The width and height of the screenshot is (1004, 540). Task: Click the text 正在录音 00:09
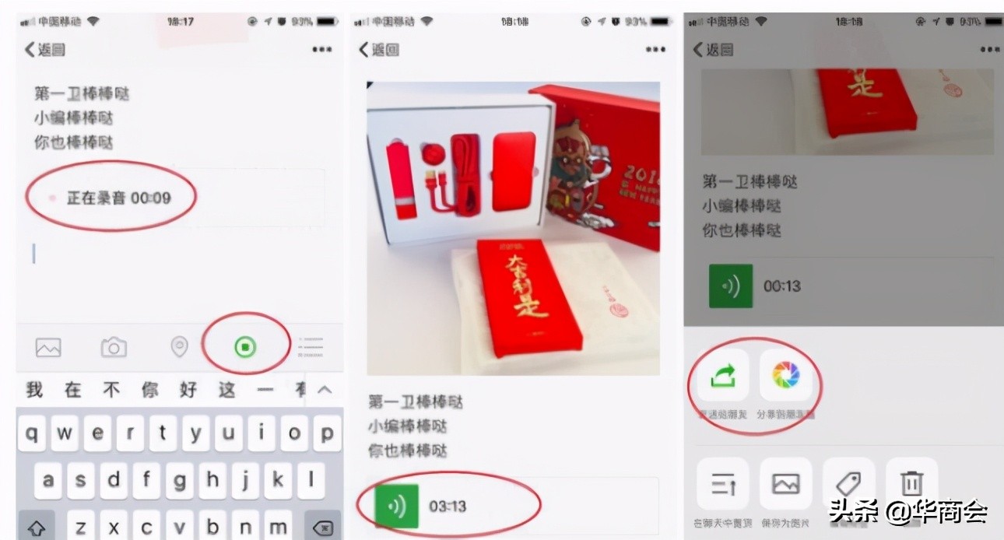(118, 198)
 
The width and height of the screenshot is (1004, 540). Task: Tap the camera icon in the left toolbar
(114, 347)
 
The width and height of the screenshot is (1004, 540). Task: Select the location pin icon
(179, 347)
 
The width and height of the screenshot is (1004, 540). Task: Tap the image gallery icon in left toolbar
(48, 347)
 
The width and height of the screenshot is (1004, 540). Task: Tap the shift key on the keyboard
(35, 528)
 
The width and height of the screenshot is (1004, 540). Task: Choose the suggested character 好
(188, 390)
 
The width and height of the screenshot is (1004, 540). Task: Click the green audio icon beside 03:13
(396, 506)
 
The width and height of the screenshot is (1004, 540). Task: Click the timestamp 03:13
(448, 507)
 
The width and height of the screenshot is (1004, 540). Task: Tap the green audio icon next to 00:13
(730, 286)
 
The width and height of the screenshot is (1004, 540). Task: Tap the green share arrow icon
(721, 377)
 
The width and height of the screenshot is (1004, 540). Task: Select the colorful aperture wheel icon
(785, 377)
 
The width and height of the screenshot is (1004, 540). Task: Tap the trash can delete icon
(911, 484)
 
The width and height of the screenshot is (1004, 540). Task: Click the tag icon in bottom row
(848, 484)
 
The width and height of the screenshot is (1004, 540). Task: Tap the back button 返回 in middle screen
(379, 50)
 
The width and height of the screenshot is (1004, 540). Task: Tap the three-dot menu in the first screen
(321, 50)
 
